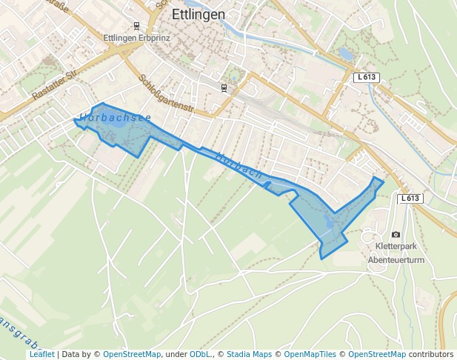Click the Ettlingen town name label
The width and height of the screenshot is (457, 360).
[198, 14]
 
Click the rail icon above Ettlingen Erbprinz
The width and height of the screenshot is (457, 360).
[136, 25]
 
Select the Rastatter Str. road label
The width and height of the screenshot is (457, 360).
[56, 85]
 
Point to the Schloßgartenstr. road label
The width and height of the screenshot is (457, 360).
[166, 93]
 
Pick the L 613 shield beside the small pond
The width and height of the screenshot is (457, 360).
[365, 77]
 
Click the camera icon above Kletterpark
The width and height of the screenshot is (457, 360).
[396, 235]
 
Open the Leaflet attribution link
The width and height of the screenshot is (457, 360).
[41, 355]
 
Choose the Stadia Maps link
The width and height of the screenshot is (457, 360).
[249, 355]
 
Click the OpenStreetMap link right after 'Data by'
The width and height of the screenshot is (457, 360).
[131, 355]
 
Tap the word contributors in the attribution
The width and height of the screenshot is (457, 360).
[431, 355]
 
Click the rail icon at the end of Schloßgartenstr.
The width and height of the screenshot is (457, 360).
[223, 88]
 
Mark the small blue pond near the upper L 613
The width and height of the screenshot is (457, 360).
[345, 53]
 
